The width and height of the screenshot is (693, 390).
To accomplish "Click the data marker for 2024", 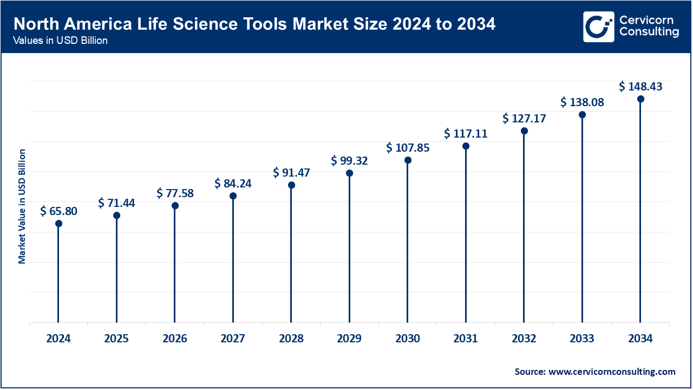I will click(x=58, y=223).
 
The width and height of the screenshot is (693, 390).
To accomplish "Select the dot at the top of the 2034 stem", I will click(x=640, y=99).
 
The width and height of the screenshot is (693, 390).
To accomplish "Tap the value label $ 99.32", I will click(x=349, y=161).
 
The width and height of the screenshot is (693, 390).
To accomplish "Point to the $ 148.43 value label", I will click(x=640, y=87).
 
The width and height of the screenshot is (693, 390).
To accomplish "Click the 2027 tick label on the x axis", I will click(x=233, y=339).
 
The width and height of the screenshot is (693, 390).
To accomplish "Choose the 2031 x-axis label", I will click(x=466, y=339).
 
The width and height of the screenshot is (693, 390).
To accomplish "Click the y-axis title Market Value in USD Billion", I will click(x=22, y=206).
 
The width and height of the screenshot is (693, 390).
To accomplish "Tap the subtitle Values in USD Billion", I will click(x=60, y=41).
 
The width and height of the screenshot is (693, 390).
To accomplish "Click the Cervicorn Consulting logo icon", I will click(x=598, y=27).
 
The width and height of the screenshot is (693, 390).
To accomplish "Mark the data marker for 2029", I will click(x=349, y=173).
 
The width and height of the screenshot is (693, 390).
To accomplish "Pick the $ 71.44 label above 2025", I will click(x=116, y=203).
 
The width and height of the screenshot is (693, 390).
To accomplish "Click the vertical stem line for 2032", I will click(x=524, y=227).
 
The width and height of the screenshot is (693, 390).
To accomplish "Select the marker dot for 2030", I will click(x=408, y=160).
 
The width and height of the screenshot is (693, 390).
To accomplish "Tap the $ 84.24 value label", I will click(x=233, y=184).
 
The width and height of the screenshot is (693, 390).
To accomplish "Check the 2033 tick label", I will click(x=582, y=339).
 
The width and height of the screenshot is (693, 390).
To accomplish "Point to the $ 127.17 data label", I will click(x=524, y=118).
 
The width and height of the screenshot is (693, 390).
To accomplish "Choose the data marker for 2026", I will click(x=175, y=206).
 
